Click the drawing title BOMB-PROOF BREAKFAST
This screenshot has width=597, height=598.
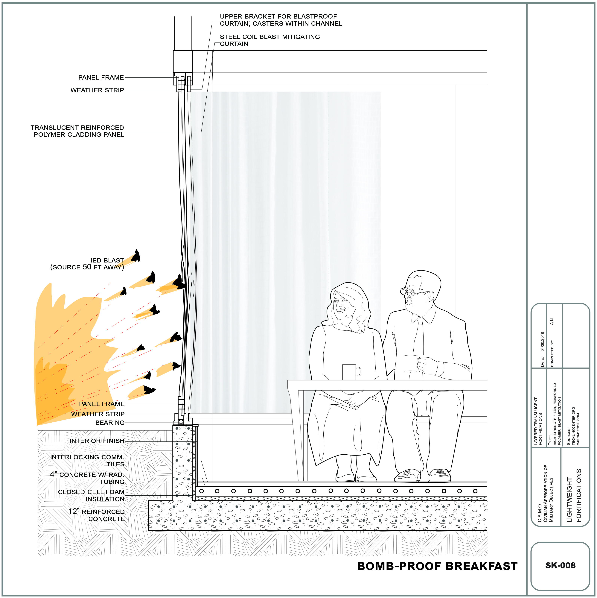[x=437, y=566]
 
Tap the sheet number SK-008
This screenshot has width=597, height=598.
[x=560, y=565]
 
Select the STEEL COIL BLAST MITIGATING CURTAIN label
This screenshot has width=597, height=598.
[x=270, y=40]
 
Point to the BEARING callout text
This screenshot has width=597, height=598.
[x=110, y=423]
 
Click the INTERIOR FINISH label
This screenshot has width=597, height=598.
[x=97, y=441]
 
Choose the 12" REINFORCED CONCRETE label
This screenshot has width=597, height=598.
[x=97, y=515]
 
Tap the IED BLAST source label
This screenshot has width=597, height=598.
[x=87, y=264]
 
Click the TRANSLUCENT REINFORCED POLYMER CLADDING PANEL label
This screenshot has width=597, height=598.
[x=77, y=131]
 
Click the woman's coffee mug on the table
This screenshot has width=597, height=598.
[x=351, y=372]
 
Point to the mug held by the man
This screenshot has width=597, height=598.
[x=411, y=363]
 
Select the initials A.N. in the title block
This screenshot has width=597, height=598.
[x=552, y=321]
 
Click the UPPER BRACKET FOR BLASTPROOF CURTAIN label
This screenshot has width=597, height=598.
[x=281, y=20]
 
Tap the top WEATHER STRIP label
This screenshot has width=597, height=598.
[x=97, y=90]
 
